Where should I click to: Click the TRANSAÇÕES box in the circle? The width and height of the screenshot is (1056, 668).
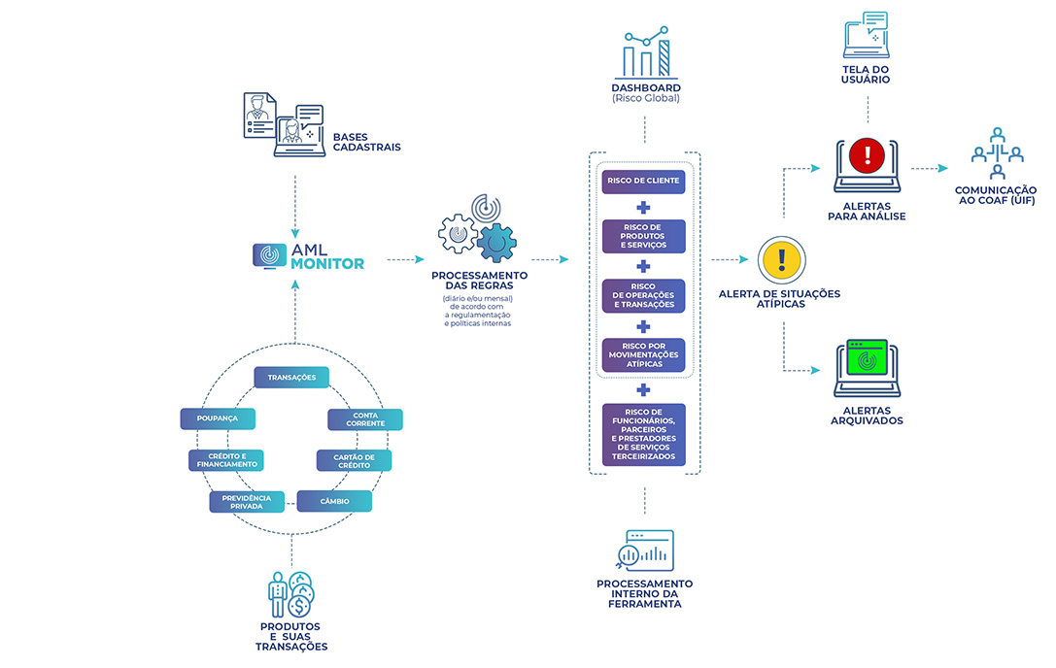(291, 377)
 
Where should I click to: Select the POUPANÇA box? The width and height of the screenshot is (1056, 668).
(218, 418)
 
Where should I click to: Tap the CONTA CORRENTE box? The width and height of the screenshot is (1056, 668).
(364, 419)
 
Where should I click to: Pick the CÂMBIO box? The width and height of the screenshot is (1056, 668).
(334, 501)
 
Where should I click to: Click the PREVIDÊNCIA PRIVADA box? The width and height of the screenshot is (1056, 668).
(247, 501)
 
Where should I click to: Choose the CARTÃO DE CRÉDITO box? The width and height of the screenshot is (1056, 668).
(355, 460)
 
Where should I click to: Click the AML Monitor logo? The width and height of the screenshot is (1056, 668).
(309, 255)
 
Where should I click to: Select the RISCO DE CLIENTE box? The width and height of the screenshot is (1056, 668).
(643, 182)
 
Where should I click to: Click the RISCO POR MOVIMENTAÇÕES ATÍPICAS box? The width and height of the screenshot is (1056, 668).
(643, 355)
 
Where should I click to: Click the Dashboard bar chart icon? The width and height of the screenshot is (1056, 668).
(646, 52)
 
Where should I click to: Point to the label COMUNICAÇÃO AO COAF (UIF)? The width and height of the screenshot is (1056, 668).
(996, 195)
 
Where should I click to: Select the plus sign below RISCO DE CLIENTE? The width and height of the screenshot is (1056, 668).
(643, 207)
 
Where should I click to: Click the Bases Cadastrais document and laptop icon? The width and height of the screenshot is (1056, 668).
(280, 124)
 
